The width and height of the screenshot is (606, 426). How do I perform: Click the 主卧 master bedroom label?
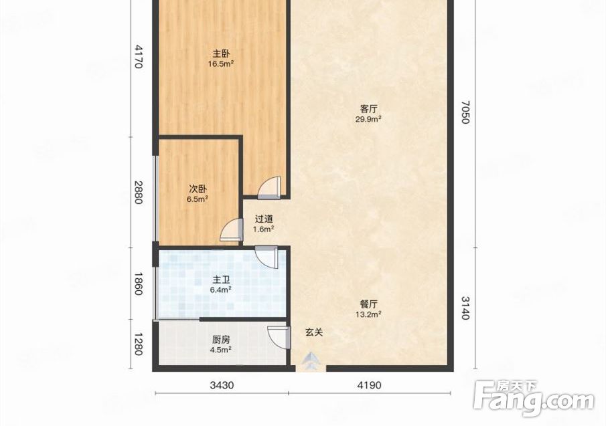pos(221,54)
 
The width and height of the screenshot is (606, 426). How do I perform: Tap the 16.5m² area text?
pos(221,64)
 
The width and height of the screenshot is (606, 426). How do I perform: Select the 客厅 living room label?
pos(368,109)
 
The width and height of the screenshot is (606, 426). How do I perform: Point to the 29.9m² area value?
pos(368,119)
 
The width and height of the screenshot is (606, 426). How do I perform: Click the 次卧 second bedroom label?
pos(198,189)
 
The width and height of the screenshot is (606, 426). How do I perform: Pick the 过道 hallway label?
pos(264,219)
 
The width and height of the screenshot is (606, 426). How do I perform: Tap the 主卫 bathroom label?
pos(221,280)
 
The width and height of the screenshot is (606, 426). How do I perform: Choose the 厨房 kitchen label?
pos(221,340)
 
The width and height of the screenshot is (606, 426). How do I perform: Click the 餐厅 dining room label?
pos(368,304)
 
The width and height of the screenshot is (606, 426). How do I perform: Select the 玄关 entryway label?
pos(314,332)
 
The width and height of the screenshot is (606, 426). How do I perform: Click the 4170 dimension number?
pos(138,57)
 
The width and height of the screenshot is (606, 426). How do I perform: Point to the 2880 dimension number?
pos(138,193)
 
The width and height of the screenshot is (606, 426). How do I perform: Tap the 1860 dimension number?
pos(138,284)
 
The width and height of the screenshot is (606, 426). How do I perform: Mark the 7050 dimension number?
pos(465,112)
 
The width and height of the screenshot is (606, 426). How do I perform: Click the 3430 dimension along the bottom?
pos(222,385)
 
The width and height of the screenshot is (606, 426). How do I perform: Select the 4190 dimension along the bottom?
pos(369,385)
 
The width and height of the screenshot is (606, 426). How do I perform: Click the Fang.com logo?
pos(534,398)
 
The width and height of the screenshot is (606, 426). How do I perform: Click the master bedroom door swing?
pos(269,188)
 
